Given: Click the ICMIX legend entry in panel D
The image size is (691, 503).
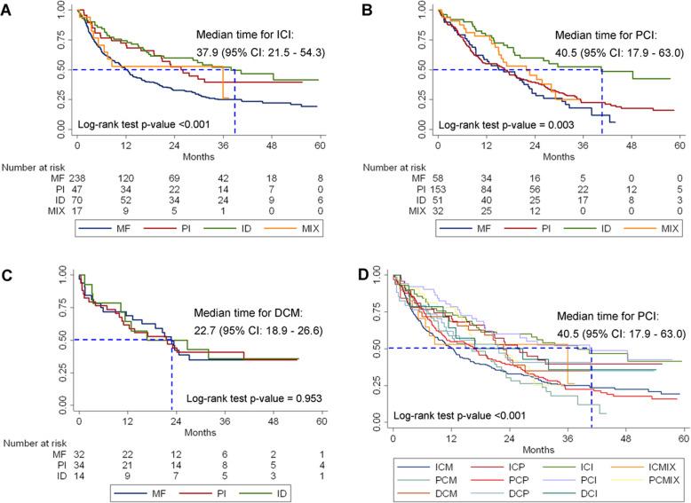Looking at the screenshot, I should (x=642, y=465).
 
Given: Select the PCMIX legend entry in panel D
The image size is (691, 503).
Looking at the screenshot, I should (x=644, y=476).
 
